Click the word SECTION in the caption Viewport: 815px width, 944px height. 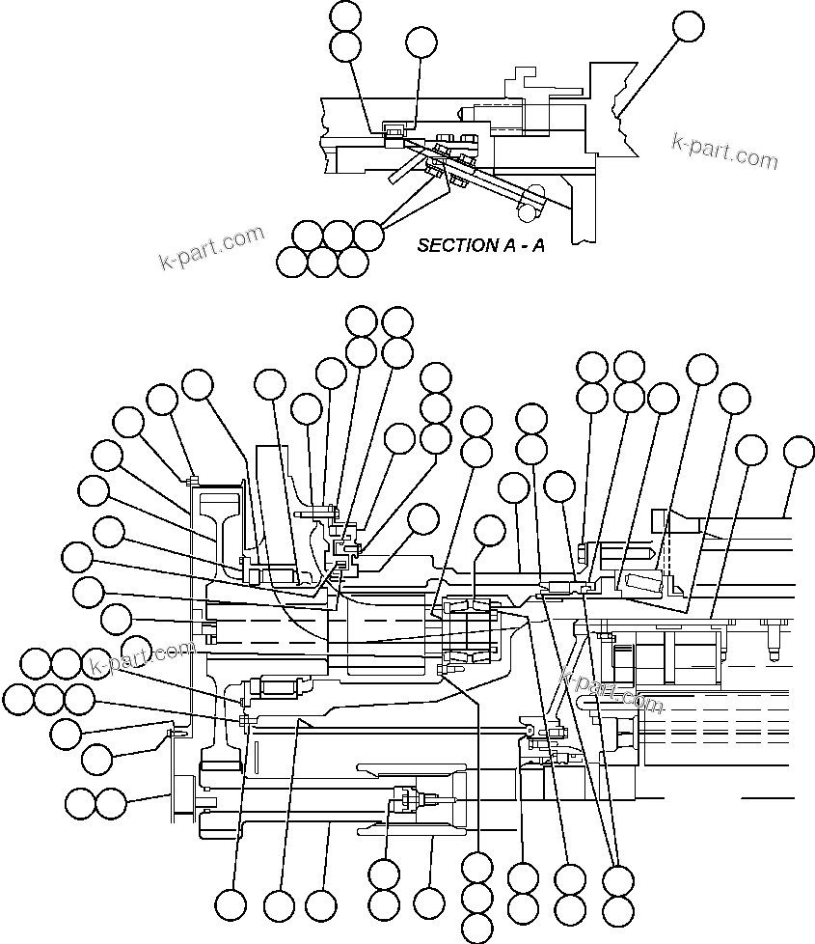point(453,245)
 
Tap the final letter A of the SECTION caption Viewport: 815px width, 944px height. point(538,245)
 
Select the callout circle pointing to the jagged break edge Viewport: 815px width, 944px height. point(688,26)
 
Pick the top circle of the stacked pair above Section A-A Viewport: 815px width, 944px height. point(345,15)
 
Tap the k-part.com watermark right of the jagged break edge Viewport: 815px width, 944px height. point(724,149)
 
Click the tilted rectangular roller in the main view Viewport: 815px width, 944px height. point(640,582)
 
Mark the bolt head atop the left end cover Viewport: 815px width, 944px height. point(194,477)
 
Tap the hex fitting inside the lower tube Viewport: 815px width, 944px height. point(404,798)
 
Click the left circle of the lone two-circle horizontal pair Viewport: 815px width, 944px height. point(81,801)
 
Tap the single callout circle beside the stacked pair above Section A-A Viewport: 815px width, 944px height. point(421,42)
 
